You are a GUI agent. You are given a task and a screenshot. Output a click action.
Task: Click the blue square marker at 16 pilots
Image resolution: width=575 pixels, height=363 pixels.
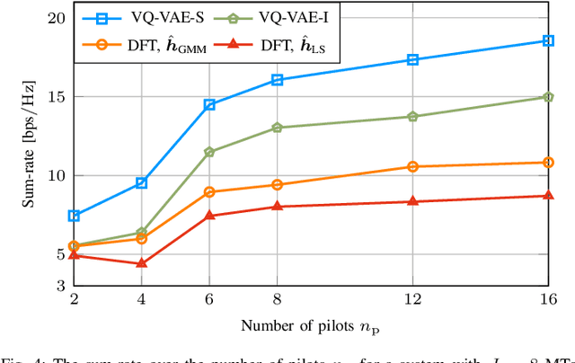[x=548, y=40]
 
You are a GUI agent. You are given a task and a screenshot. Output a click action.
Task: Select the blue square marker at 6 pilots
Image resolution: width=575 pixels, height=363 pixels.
[x=209, y=105]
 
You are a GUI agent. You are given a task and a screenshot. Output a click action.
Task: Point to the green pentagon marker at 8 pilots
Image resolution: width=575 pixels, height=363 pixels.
[x=277, y=128]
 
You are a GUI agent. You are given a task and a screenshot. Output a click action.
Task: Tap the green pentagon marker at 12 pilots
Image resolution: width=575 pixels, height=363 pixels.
[x=412, y=117]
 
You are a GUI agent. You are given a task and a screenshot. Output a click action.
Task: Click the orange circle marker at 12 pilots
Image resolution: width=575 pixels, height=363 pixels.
[x=412, y=166]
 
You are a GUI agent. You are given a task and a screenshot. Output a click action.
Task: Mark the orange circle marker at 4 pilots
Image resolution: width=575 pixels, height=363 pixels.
[x=141, y=238]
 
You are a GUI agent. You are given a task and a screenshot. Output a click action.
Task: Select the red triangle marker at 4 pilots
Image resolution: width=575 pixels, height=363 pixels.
[x=141, y=263]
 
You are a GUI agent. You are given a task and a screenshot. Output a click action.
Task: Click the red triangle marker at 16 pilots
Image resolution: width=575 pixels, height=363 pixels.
[x=548, y=195]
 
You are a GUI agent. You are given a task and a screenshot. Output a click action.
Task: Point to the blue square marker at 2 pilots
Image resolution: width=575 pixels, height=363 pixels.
[x=74, y=216]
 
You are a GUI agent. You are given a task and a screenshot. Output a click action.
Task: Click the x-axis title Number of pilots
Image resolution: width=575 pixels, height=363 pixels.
[x=311, y=324]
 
